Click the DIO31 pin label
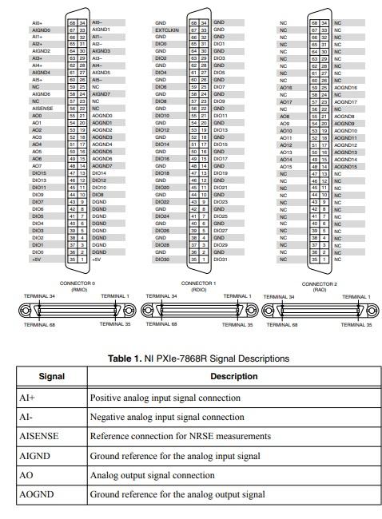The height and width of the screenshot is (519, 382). [x=221, y=259]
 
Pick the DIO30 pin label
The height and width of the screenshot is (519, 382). [x=161, y=259]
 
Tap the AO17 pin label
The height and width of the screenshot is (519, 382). [x=285, y=101]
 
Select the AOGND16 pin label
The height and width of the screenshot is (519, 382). [x=346, y=87]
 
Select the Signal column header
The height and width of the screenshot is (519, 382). [x=50, y=376]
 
